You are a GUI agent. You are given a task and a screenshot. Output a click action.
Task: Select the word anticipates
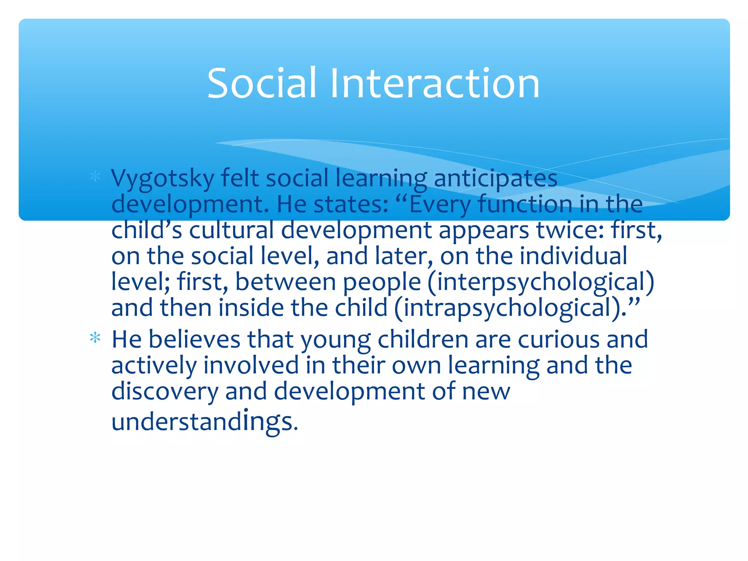coord(495,179)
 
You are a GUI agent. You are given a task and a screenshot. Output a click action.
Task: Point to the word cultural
coord(231,230)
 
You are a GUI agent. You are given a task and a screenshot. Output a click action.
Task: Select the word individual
coord(573,256)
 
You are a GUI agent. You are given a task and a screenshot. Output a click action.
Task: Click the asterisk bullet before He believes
coord(95,338)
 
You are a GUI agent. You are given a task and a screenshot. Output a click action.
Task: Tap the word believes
coord(194,340)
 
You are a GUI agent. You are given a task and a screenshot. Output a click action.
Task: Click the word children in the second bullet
coord(423,340)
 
